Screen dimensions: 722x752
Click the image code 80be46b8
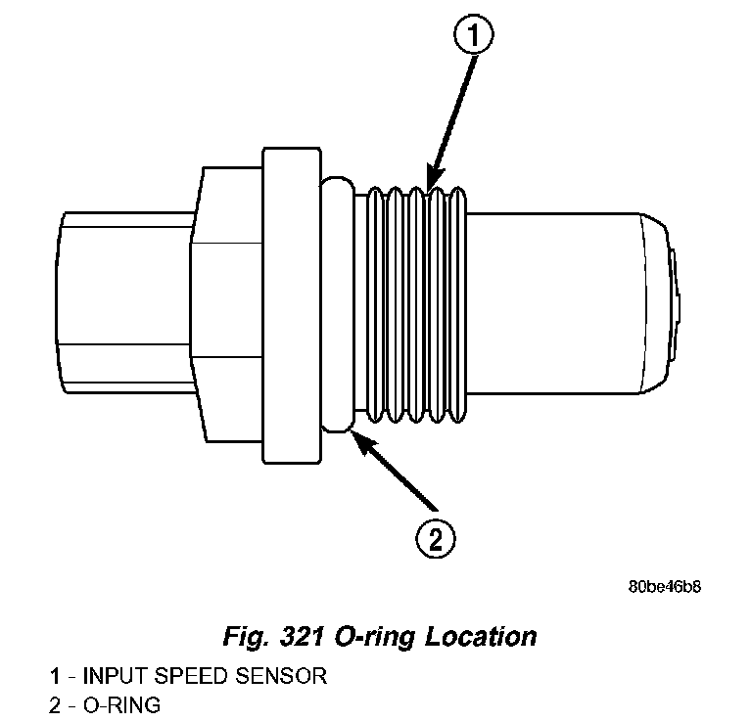click(665, 588)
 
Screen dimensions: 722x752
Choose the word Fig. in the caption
click(244, 637)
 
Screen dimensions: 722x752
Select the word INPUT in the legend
click(114, 676)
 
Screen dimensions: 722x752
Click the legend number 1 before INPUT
click(56, 676)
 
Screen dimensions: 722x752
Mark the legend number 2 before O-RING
click(56, 703)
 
